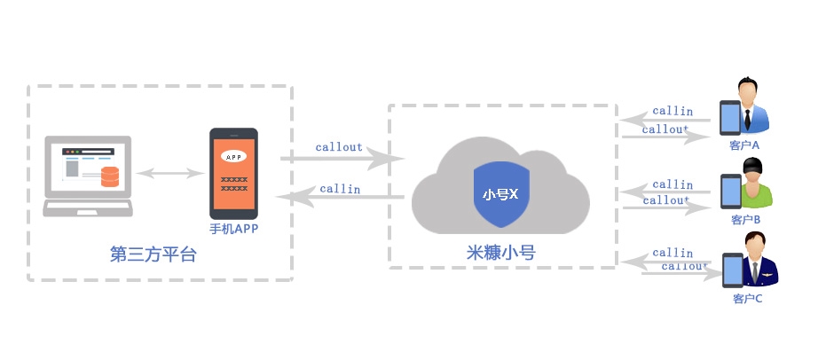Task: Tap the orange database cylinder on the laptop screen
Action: coord(110,176)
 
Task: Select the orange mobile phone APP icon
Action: coord(233,174)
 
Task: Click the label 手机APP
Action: coord(233,229)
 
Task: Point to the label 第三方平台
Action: coord(153,254)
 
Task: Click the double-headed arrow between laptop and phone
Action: coord(171,173)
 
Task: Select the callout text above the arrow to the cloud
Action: coord(339,146)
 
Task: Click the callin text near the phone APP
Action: coord(340,188)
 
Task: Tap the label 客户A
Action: coord(744,145)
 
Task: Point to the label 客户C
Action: coord(748,298)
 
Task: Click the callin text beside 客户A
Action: coord(672,111)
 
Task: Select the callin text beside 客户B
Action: coord(672,184)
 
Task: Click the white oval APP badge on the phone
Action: coord(233,157)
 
